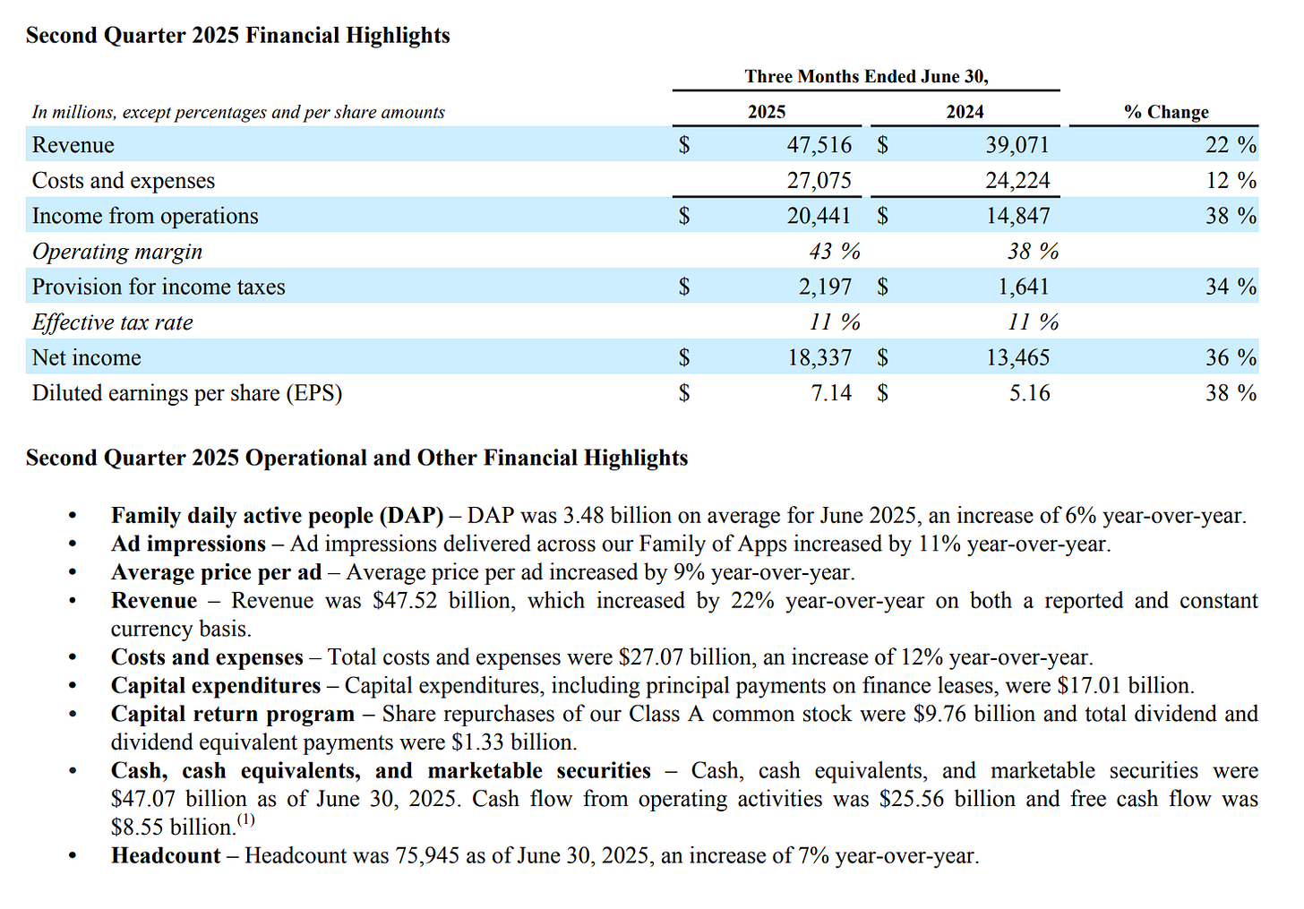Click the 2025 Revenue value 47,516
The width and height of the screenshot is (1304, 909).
[819, 145]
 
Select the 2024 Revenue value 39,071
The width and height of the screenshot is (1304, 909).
[1017, 145]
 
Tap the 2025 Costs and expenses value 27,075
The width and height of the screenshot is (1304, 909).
[819, 180]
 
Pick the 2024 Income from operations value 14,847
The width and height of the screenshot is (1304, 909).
[1017, 216]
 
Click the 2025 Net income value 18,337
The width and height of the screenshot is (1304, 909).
[819, 357]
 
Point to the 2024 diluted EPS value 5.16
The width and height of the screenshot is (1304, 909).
[1029, 393]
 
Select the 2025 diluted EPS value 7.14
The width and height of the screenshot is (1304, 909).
[831, 393]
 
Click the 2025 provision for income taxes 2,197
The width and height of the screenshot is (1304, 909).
[825, 287]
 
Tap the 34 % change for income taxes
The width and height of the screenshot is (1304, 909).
[1230, 287]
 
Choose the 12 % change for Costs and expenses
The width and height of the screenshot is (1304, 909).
[1230, 180]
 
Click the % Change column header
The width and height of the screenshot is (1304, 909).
[1165, 112]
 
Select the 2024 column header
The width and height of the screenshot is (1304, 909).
[965, 112]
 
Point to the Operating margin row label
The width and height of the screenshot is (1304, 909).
[117, 252]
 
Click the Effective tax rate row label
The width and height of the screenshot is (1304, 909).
[112, 322]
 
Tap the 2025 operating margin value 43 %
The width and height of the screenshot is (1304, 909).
[834, 252]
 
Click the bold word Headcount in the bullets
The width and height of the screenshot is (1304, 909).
[166, 856]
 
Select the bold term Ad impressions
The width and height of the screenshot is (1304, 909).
[188, 545]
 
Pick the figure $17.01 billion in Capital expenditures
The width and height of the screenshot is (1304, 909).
[1124, 686]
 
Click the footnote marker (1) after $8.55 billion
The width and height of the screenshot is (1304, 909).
[245, 819]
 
